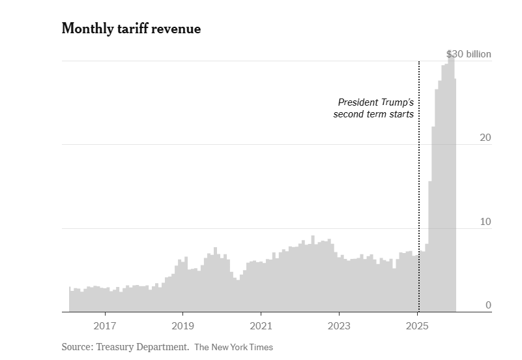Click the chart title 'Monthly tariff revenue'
pyautogui.click(x=131, y=29)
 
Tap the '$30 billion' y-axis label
pyautogui.click(x=469, y=54)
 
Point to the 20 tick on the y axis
pyautogui.click(x=485, y=138)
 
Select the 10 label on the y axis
pyautogui.click(x=485, y=222)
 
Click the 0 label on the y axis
pyautogui.click(x=487, y=305)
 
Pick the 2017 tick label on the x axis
pyautogui.click(x=105, y=325)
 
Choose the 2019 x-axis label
pyautogui.click(x=183, y=325)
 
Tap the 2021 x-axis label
pyautogui.click(x=261, y=325)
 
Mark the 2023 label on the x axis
pyautogui.click(x=340, y=325)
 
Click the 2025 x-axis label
pyautogui.click(x=418, y=325)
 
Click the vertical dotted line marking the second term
pyautogui.click(x=418, y=196)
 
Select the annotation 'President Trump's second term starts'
pyautogui.click(x=374, y=108)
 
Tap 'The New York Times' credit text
pyautogui.click(x=233, y=347)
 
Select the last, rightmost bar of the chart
pyautogui.click(x=455, y=196)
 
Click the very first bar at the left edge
pyautogui.click(x=70, y=300)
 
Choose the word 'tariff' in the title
pyautogui.click(x=133, y=29)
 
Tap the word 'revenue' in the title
pyautogui.click(x=177, y=29)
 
